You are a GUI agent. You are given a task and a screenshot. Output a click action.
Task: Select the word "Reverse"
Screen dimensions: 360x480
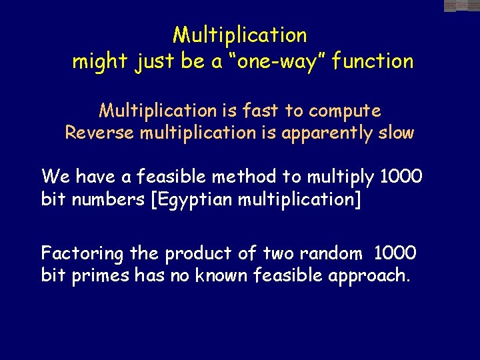coord(99,132)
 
